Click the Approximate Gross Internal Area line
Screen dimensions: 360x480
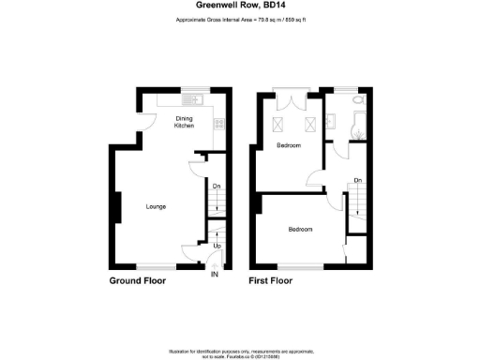tap(240, 21)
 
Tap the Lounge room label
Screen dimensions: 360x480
tap(156, 205)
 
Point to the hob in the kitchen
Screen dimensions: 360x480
tap(218, 122)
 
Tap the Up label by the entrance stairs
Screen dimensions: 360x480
tap(217, 246)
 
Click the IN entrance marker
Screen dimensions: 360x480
tap(214, 275)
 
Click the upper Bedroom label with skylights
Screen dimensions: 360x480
tap(288, 146)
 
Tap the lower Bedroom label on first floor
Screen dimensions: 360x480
tap(300, 230)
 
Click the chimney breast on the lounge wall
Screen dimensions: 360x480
tap(116, 207)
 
